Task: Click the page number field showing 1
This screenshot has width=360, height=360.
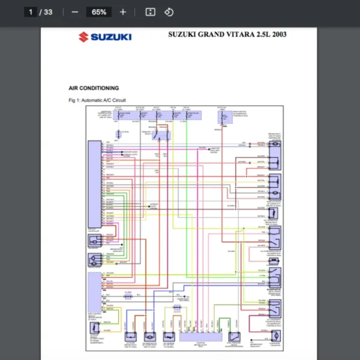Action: tap(31, 12)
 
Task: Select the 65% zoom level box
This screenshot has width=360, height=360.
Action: tap(99, 12)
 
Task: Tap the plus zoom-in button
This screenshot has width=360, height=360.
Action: tap(123, 12)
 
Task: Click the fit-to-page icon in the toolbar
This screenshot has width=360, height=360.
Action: tap(151, 12)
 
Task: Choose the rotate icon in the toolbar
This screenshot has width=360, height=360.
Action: tap(169, 12)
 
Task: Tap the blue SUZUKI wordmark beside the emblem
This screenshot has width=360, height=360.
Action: tap(111, 37)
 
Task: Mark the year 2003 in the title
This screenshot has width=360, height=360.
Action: tap(280, 34)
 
